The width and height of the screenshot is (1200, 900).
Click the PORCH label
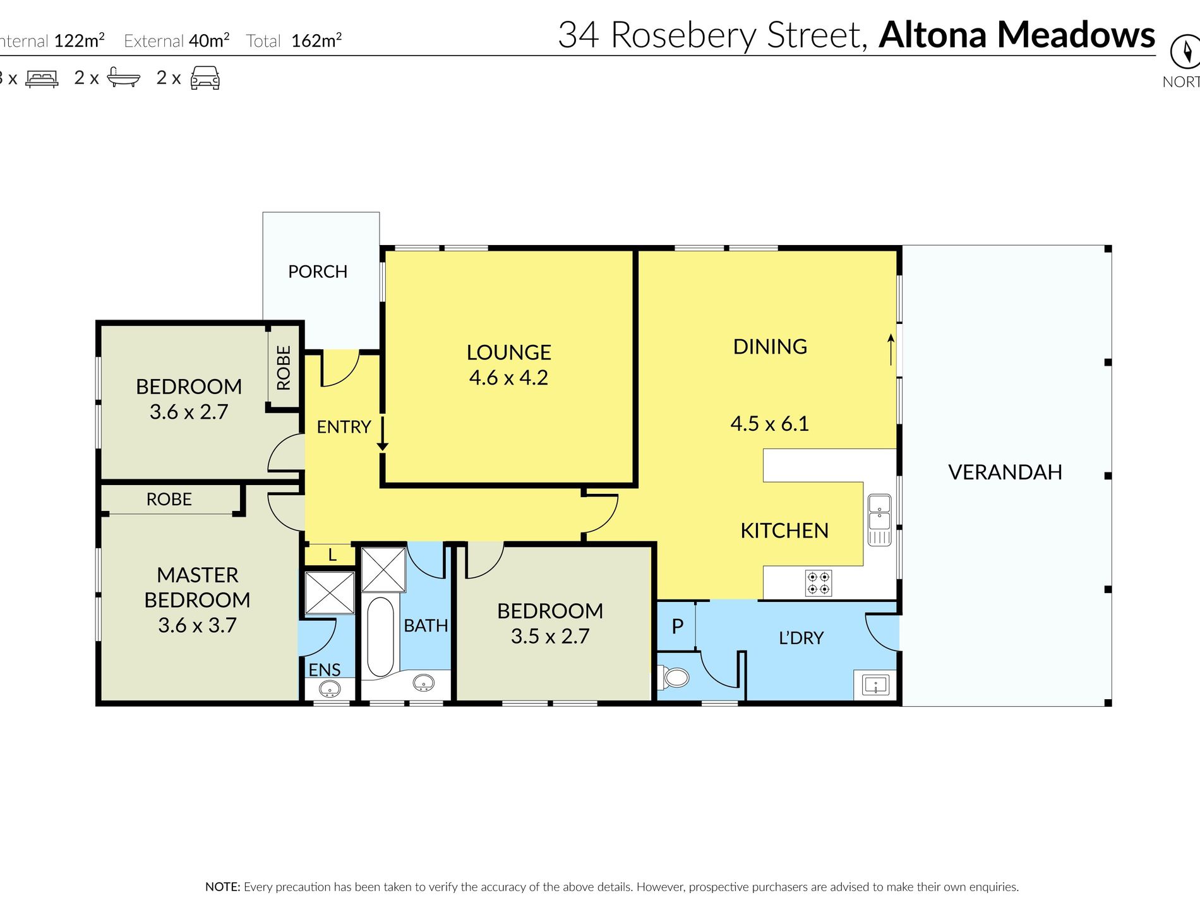point(318,272)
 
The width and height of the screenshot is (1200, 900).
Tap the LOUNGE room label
point(508,352)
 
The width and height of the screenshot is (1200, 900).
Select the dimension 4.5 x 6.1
point(769,423)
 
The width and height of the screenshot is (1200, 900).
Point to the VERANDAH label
point(1005,472)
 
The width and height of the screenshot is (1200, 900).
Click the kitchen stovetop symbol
point(819,583)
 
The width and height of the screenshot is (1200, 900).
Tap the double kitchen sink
point(879,520)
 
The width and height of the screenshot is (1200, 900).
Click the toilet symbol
point(673,678)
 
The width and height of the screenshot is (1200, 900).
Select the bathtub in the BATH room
point(380,637)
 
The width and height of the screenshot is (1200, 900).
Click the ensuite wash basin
point(330,688)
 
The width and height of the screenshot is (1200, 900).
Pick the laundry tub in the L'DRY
point(875,685)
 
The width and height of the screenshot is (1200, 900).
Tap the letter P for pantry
point(678,626)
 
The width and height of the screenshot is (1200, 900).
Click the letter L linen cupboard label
point(332,555)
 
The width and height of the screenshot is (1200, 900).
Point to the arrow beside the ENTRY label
point(382,433)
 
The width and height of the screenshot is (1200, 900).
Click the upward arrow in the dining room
point(891,349)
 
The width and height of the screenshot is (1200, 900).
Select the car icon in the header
point(205,78)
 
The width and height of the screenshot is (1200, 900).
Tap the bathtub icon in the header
point(124,77)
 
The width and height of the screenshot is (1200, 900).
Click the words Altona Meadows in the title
point(1017,35)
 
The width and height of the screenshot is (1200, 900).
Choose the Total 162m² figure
point(294,40)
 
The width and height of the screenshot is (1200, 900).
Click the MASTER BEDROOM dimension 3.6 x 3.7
point(197,625)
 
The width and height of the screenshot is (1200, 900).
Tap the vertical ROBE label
point(284,368)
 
